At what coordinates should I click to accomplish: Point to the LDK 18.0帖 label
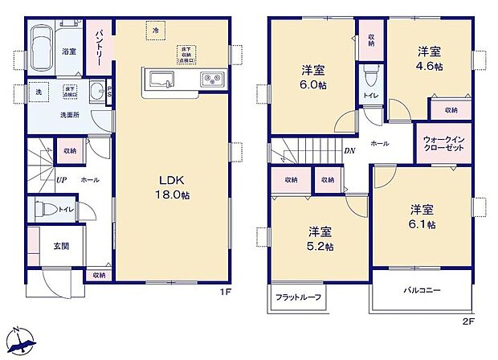pos(173,186)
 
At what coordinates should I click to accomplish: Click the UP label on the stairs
pos(60,180)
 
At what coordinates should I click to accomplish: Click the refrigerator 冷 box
pos(155,30)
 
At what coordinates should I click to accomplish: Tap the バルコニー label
pos(422,292)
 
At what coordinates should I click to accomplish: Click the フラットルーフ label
pos(299,297)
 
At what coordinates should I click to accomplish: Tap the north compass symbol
pos(25,339)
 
